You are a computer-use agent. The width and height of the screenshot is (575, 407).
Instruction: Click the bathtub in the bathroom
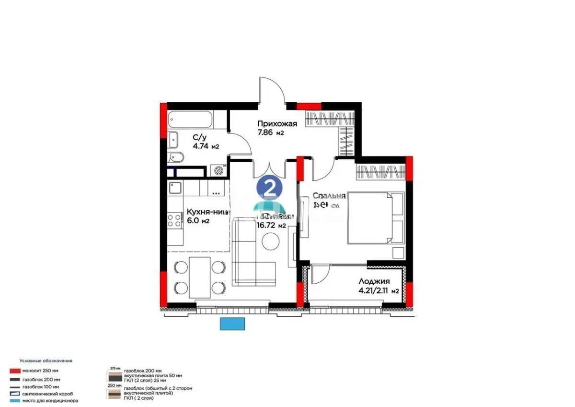(190, 119)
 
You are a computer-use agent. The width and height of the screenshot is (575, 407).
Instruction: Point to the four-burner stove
(174, 220)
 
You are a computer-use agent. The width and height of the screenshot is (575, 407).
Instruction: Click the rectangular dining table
(199, 277)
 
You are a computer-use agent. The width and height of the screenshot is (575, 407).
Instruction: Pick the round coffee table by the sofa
(270, 240)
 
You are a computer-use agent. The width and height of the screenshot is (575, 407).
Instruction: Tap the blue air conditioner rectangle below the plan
(233, 324)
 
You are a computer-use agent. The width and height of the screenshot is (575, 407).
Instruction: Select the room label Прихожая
(277, 124)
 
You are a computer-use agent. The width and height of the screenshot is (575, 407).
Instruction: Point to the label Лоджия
(374, 282)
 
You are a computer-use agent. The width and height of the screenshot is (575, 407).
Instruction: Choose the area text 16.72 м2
(271, 225)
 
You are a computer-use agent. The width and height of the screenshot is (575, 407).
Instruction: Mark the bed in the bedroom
(376, 217)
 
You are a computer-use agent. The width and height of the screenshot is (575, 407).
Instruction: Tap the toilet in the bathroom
(175, 157)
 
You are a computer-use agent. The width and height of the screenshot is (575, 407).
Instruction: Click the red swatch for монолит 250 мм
(15, 371)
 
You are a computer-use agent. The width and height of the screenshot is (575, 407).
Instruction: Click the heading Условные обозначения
(46, 360)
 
